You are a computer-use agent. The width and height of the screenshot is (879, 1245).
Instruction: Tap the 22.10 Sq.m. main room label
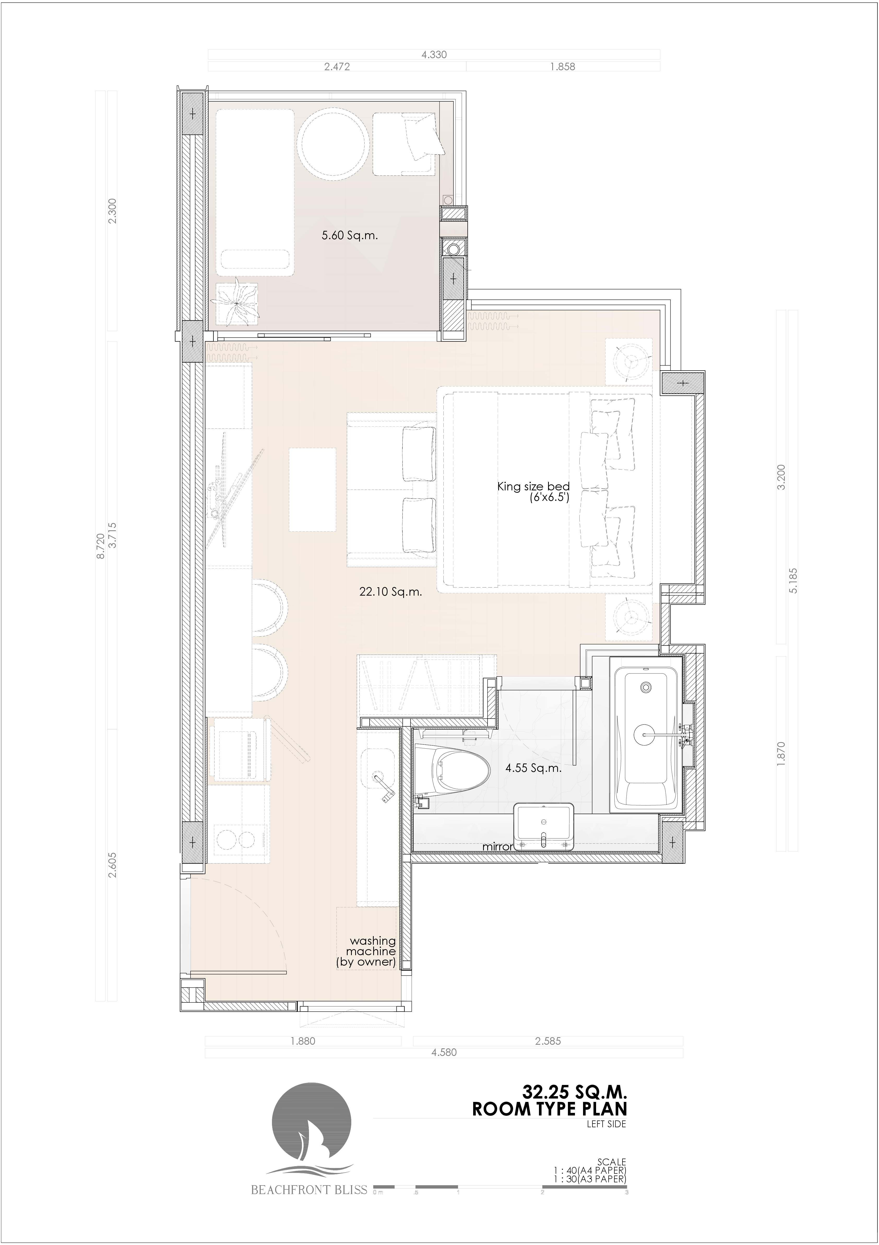(390, 592)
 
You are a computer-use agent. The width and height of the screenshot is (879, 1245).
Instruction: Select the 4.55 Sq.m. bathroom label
(533, 768)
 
